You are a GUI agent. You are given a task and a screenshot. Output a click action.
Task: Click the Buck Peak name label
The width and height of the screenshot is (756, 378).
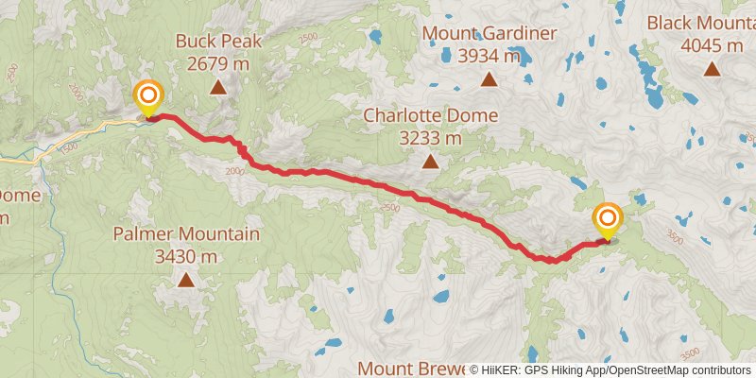[217, 42]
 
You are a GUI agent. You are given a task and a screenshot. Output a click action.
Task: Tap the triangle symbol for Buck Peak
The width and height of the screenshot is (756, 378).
[217, 88]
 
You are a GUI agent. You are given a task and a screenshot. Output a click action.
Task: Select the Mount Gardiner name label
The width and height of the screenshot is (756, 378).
[489, 33]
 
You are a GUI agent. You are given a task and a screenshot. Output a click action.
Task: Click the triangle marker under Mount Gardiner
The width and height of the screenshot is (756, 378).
[489, 79]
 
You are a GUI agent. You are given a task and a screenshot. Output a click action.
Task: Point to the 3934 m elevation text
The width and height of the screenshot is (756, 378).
[489, 56]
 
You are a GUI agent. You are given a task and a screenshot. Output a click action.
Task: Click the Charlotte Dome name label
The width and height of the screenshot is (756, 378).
[430, 116]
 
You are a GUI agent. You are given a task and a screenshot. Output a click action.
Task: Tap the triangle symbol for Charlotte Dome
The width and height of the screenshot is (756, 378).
[430, 162]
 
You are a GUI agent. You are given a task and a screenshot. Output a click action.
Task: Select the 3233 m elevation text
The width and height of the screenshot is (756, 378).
[430, 139]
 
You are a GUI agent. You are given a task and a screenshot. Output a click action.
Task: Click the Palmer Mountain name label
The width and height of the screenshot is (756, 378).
[185, 233]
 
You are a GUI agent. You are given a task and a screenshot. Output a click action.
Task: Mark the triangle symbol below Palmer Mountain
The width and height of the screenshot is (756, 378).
[185, 280]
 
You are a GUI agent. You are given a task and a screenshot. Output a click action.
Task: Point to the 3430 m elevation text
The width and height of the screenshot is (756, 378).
[185, 256]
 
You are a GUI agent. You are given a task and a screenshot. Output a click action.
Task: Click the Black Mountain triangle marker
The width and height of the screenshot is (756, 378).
[711, 69]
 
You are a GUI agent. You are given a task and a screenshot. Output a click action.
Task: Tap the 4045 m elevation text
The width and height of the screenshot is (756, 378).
[711, 45]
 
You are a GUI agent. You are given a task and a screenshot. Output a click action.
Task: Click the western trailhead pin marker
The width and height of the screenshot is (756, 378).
[148, 96]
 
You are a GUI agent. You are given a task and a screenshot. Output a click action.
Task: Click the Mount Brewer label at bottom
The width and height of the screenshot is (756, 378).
[414, 368]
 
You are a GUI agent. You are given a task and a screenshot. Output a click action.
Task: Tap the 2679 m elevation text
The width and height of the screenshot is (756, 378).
[217, 64]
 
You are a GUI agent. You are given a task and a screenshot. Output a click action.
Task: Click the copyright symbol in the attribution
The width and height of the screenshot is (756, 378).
[475, 370]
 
